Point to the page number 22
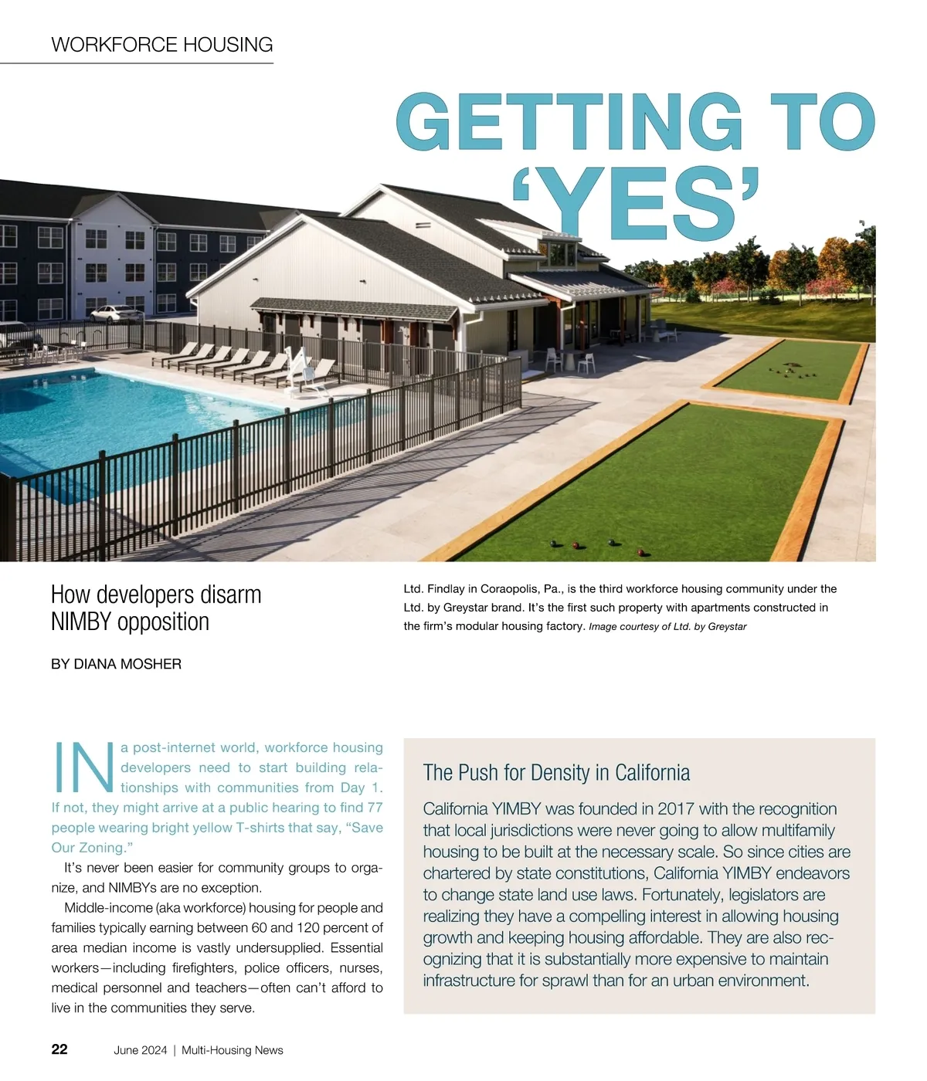[59, 1049]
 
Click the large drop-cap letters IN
[83, 768]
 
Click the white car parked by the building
[117, 313]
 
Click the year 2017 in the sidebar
[676, 809]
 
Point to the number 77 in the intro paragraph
[375, 808]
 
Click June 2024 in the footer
[140, 1050]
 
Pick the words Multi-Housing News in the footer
[233, 1050]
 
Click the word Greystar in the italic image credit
[727, 627]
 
